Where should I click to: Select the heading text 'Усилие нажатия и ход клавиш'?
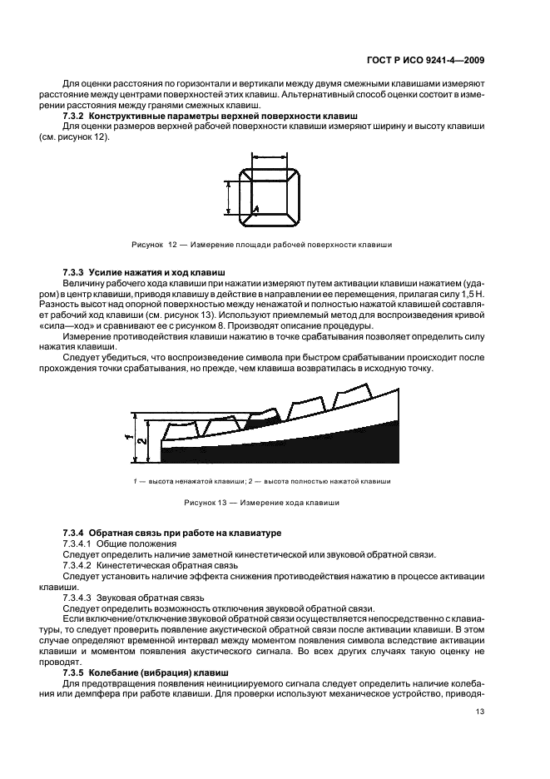157,273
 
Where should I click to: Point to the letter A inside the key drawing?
256,209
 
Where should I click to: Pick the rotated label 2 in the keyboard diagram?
142,442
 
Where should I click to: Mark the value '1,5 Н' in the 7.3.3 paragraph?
472,295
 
